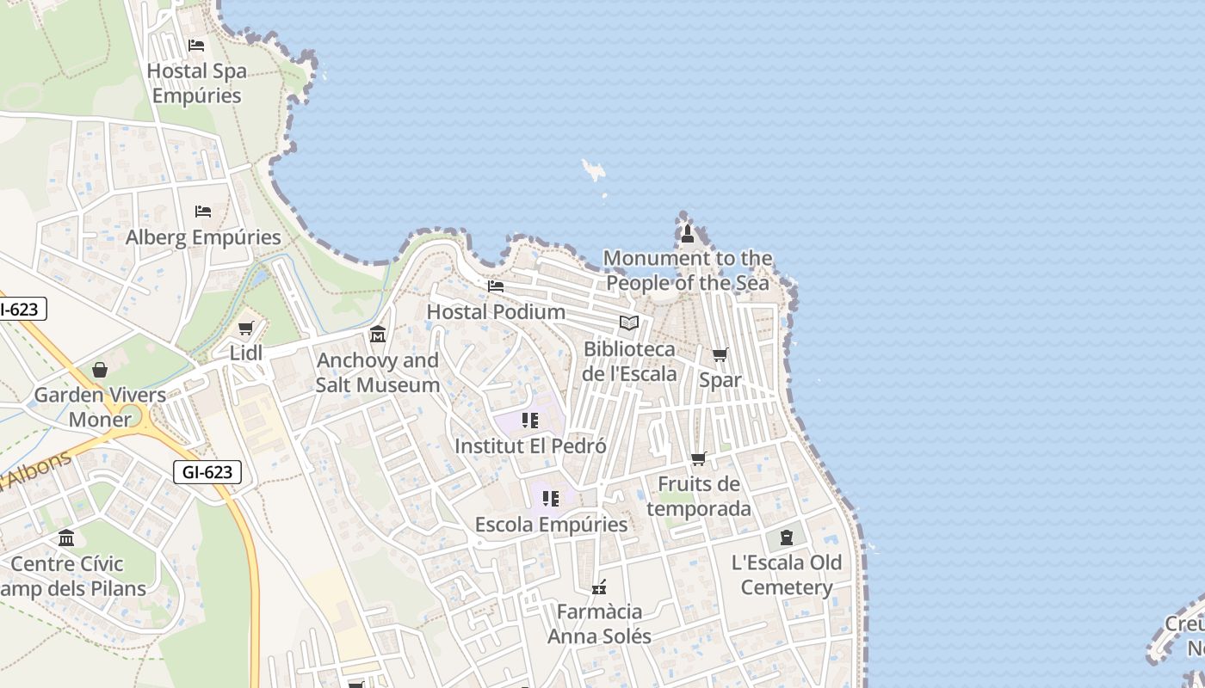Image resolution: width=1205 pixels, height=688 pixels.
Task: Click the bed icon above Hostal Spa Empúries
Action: (x=196, y=46)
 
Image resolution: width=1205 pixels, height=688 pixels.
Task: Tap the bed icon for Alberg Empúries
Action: (x=203, y=212)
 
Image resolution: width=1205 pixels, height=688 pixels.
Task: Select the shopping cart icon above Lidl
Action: (x=246, y=328)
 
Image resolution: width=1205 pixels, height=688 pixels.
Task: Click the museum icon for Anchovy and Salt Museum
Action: (x=377, y=334)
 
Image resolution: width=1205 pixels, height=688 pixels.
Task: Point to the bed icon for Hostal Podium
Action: (x=496, y=286)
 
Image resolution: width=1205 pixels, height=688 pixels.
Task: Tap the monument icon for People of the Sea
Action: (x=687, y=233)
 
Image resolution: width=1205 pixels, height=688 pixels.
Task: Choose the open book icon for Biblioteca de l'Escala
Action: (x=629, y=323)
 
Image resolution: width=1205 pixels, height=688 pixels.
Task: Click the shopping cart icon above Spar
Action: (x=720, y=354)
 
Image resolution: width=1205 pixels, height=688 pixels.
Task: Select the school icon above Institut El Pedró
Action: (x=530, y=421)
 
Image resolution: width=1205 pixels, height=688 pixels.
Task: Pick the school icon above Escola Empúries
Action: (x=551, y=498)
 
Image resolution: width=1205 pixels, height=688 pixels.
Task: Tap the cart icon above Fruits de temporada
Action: (x=698, y=459)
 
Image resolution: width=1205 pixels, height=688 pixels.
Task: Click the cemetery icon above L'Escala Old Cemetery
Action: (x=786, y=537)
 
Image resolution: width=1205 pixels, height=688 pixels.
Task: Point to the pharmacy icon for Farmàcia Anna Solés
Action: (x=599, y=587)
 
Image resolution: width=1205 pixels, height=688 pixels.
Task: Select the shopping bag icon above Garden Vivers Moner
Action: (x=100, y=370)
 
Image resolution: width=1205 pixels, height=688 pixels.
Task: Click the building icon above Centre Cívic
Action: (x=66, y=538)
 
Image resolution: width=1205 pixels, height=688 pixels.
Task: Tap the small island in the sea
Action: (x=593, y=169)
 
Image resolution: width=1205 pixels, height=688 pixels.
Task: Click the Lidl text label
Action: (x=246, y=353)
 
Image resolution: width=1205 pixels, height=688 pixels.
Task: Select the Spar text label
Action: (x=720, y=379)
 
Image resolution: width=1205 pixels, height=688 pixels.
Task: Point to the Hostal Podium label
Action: (x=496, y=311)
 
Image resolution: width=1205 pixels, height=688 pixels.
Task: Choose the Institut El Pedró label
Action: (x=530, y=446)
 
